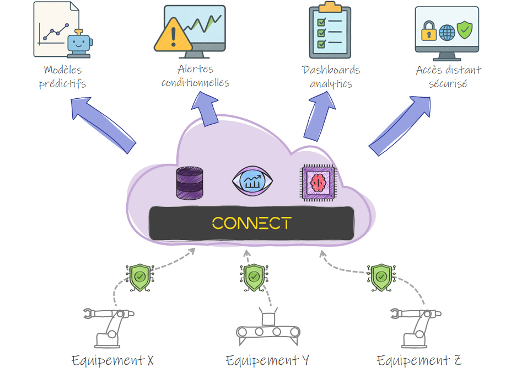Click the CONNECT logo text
point(251,223)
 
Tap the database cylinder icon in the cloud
point(189,183)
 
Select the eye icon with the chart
point(252,182)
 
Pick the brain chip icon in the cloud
point(319,182)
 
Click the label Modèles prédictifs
point(62,77)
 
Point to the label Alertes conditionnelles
point(195,76)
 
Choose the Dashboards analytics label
point(331,77)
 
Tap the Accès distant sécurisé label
point(448,77)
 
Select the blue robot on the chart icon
point(79,43)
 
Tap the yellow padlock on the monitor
point(428,33)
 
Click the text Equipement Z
point(419,361)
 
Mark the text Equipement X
point(112,361)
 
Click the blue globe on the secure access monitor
point(447,33)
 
